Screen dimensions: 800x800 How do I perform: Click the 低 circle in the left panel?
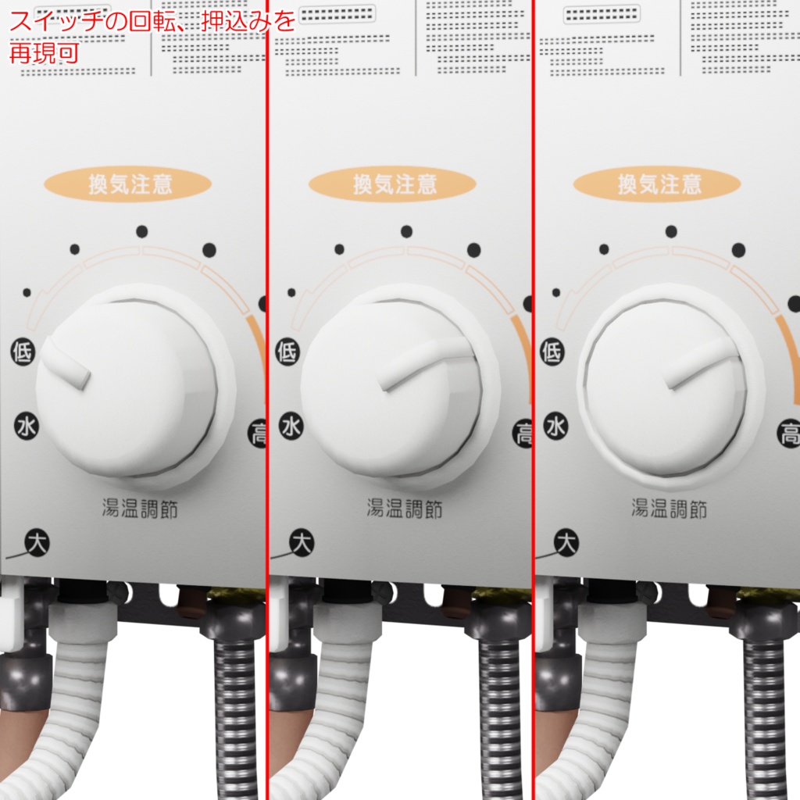click(x=23, y=352)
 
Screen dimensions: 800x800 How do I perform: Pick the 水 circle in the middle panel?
click(x=291, y=427)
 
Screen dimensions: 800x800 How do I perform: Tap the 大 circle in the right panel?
click(x=566, y=542)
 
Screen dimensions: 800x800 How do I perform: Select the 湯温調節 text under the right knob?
click(x=670, y=509)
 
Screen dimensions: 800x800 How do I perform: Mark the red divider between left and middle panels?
click(x=267, y=391)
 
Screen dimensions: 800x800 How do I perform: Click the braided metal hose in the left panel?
click(x=235, y=703)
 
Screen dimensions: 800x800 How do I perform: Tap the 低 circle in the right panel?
click(x=552, y=352)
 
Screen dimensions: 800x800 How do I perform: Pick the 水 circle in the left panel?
click(x=27, y=427)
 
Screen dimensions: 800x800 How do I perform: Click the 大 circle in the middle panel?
click(x=302, y=542)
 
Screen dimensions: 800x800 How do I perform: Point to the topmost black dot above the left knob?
click(x=141, y=231)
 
